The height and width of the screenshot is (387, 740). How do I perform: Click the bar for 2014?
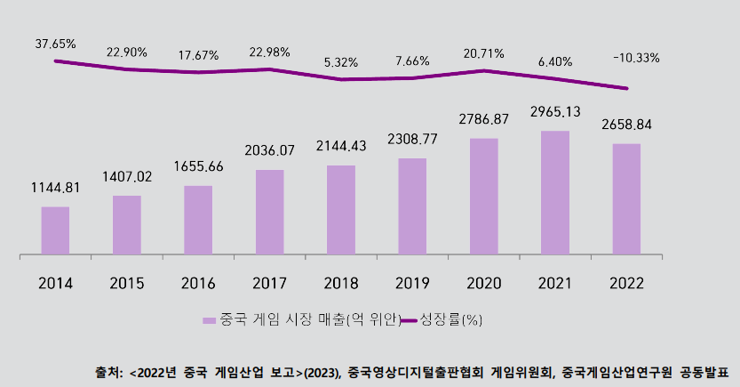pyautogui.click(x=55, y=230)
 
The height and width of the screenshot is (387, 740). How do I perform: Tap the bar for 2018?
pyautogui.click(x=340, y=210)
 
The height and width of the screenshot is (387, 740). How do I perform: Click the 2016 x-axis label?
pyautogui.click(x=197, y=284)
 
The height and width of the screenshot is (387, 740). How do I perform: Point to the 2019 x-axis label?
pyautogui.click(x=411, y=284)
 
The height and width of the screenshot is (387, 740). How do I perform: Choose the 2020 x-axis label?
pyautogui.click(x=483, y=284)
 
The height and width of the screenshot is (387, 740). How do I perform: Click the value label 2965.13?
pyautogui.click(x=555, y=112)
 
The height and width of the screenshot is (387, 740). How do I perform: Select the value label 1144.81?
pyautogui.click(x=55, y=188)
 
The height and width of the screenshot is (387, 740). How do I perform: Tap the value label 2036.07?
pyautogui.click(x=269, y=151)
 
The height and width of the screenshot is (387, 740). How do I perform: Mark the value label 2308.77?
pyautogui.click(x=412, y=140)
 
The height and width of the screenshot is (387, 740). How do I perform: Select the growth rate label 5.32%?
pyautogui.click(x=341, y=62)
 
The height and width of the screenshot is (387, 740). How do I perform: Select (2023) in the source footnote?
pyautogui.click(x=322, y=372)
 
